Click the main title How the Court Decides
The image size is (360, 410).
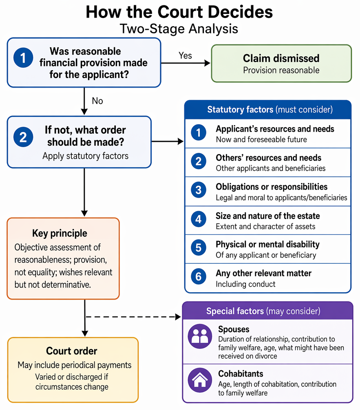click(x=179, y=12)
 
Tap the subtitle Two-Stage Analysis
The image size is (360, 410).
click(x=179, y=29)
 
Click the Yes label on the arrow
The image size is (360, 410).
click(x=185, y=55)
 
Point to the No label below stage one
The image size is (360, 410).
click(x=97, y=101)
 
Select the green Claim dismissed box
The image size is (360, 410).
click(x=281, y=64)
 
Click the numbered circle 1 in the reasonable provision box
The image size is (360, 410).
click(x=23, y=58)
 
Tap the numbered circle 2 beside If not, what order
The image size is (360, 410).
click(x=23, y=137)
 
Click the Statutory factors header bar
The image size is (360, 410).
click(x=268, y=110)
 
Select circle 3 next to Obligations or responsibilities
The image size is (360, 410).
click(x=199, y=190)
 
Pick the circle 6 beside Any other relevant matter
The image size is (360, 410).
click(x=199, y=276)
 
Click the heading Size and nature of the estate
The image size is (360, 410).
click(x=267, y=216)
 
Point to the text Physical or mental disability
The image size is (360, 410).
click(x=267, y=245)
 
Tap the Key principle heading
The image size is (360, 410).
click(x=60, y=233)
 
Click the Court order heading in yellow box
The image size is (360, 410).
click(x=72, y=351)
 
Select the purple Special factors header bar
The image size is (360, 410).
click(x=267, y=311)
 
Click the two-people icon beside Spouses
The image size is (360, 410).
click(x=200, y=336)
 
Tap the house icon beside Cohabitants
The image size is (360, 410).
click(x=200, y=380)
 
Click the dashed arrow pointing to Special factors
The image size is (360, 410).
click(x=133, y=317)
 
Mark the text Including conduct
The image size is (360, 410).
click(x=245, y=284)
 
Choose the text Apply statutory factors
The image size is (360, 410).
click(x=86, y=156)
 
